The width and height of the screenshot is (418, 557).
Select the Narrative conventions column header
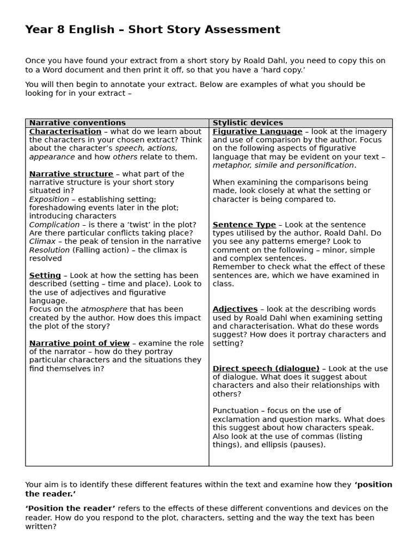tap(77, 123)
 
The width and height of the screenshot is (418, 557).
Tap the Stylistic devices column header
tap(248, 123)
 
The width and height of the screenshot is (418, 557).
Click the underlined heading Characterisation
tap(65, 132)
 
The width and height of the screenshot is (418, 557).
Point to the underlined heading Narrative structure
tap(71, 174)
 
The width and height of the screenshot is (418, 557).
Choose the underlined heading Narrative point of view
tap(79, 343)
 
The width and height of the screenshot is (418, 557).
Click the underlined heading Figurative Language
tap(257, 132)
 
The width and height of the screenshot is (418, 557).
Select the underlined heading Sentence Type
tap(244, 225)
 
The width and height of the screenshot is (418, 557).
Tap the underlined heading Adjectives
tap(235, 309)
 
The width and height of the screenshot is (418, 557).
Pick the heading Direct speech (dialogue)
tap(266, 369)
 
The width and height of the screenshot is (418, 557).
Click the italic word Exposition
tap(49, 200)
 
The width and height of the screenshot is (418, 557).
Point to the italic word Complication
tap(54, 225)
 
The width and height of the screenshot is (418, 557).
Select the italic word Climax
tap(42, 242)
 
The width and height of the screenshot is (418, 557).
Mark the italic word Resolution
tap(50, 250)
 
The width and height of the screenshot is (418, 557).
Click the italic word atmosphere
tap(104, 310)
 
